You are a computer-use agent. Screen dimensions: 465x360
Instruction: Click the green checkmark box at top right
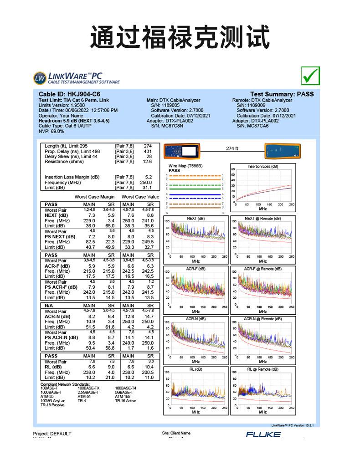[x=310, y=76]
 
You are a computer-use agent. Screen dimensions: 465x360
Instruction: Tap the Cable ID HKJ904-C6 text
[x=69, y=94]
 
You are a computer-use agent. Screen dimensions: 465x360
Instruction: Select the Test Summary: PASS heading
[x=282, y=94]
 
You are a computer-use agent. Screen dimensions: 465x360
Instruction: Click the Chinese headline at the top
[x=180, y=37]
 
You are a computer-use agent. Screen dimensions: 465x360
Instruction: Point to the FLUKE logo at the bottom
[x=263, y=434]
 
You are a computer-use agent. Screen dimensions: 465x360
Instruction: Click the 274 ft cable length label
[x=232, y=148]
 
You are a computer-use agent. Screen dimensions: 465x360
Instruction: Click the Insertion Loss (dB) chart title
[x=262, y=166]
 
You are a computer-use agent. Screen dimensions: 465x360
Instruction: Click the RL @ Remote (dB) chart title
[x=262, y=369]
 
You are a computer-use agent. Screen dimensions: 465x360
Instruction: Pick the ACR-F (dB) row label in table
[x=57, y=266]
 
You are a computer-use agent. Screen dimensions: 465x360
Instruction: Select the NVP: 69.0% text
[x=51, y=131]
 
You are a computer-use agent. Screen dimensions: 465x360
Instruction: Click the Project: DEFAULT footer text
[x=52, y=433]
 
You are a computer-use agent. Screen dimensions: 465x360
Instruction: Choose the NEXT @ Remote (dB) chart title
[x=262, y=218]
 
